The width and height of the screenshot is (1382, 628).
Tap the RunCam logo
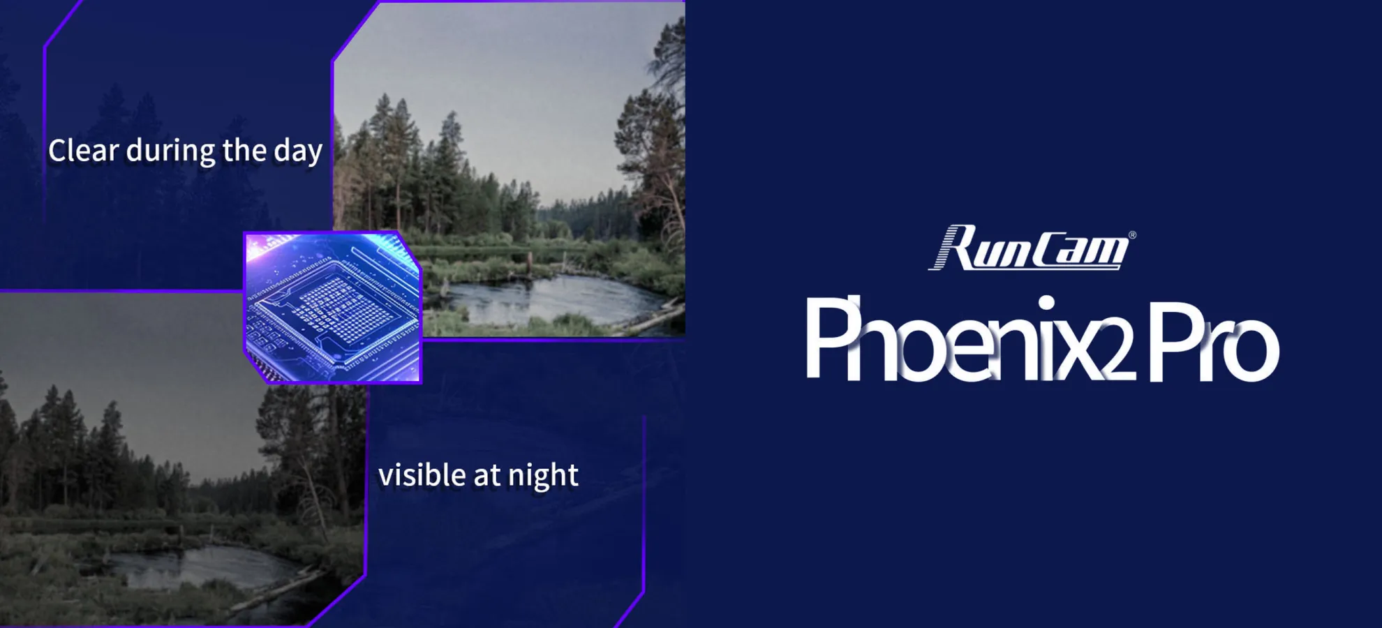point(1030,248)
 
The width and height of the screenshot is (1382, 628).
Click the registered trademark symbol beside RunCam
point(1132,235)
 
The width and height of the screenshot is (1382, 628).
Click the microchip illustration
point(333,307)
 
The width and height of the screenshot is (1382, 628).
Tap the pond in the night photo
point(202,565)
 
